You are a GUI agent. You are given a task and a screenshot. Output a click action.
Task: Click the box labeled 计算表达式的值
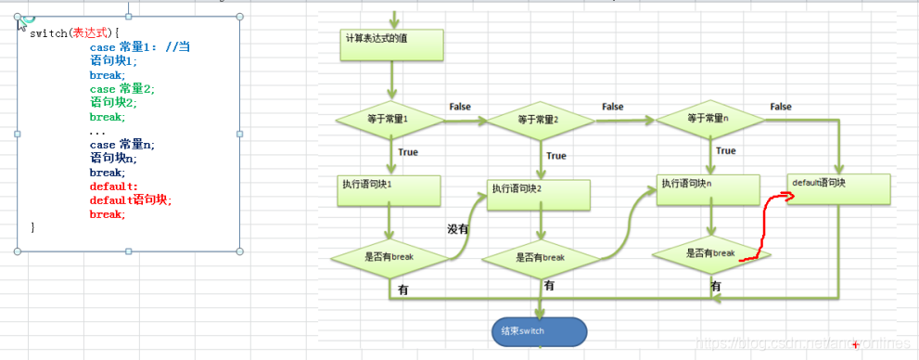(x=392, y=44)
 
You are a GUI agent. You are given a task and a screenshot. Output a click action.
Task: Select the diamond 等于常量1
(x=392, y=120)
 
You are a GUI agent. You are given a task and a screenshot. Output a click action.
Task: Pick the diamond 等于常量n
(x=711, y=119)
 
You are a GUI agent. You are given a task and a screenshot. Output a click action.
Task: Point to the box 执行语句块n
(x=709, y=189)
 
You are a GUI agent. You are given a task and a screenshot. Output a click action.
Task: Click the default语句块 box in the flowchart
(x=839, y=188)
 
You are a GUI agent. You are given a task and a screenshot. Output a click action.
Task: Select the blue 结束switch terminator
(x=539, y=331)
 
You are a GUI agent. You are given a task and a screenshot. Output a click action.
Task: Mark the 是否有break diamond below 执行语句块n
(x=710, y=253)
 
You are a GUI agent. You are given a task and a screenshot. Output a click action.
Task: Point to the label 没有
(x=458, y=228)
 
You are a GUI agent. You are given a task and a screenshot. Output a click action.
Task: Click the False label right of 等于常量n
(x=780, y=107)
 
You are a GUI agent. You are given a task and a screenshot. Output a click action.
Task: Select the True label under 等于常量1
(x=408, y=152)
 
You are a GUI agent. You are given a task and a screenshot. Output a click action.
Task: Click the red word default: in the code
(x=113, y=186)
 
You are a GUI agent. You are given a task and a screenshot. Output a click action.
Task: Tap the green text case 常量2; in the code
(x=122, y=89)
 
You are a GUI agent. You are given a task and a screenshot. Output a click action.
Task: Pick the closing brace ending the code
(x=33, y=227)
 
